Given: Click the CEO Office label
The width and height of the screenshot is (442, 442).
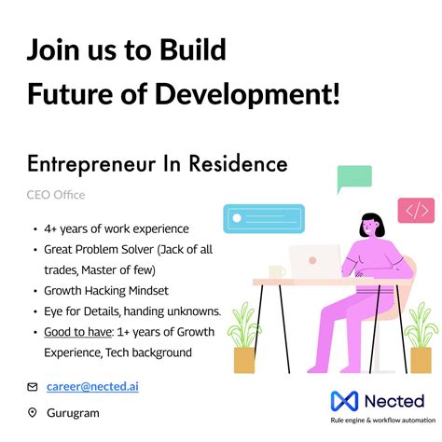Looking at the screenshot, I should [x=56, y=195].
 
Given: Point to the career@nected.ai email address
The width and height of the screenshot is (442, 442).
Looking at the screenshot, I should [x=91, y=385].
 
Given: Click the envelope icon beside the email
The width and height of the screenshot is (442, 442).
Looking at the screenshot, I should [x=32, y=386].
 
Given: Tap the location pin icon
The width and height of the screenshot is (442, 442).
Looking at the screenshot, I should [x=32, y=412].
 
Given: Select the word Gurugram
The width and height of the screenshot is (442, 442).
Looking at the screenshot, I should [x=72, y=412].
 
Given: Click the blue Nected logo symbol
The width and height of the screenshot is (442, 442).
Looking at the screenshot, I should [x=344, y=402].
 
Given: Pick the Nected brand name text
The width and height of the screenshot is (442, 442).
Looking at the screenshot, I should [x=392, y=401].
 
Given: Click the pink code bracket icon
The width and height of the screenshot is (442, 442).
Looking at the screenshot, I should [x=416, y=210].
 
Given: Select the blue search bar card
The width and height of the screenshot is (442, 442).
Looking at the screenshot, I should [x=263, y=218].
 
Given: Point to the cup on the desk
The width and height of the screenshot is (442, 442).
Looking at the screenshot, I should [x=276, y=271].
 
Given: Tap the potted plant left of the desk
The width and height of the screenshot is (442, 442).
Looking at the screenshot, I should [x=244, y=340].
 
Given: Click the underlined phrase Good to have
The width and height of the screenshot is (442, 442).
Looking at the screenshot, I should [x=74, y=332].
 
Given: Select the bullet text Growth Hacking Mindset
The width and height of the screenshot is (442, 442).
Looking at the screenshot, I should [x=102, y=290].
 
